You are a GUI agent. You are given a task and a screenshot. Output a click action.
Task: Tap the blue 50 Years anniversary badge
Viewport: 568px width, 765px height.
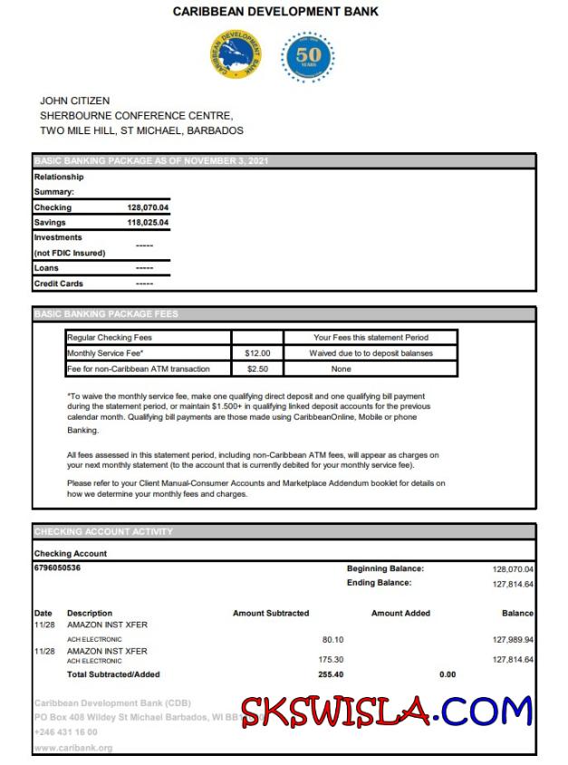[x=307, y=55]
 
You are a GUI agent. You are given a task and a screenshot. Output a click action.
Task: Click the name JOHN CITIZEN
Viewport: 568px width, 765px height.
[x=74, y=101]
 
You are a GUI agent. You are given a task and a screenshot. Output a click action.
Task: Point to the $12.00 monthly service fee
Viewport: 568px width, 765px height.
[x=257, y=353]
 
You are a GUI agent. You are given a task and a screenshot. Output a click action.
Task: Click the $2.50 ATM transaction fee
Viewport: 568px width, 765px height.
[x=257, y=369]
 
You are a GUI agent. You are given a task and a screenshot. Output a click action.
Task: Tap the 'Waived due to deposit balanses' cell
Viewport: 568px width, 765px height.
[x=371, y=353]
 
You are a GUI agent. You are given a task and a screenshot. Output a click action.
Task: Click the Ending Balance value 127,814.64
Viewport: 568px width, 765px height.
[x=513, y=584]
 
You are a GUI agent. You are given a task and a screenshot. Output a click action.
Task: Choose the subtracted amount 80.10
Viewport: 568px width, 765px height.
[x=332, y=639]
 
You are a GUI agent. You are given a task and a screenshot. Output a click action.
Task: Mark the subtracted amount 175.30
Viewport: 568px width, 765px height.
[x=332, y=660]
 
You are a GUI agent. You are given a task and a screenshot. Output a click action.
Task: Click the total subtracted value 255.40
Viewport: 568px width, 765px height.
[x=331, y=674]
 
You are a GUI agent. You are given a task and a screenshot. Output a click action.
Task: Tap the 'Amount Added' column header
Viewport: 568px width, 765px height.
[x=400, y=614]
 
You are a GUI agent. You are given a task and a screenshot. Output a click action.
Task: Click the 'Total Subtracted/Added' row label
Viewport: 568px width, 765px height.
[x=113, y=674]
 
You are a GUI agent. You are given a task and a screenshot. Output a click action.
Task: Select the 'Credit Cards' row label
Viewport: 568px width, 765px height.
[x=59, y=284]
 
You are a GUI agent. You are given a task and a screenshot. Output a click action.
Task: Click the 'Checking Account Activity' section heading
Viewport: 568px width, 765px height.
[x=103, y=531]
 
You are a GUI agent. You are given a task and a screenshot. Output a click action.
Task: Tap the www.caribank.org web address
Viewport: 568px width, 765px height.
[x=72, y=748]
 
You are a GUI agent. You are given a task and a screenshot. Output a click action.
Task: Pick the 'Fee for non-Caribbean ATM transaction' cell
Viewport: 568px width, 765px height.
[x=139, y=369]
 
